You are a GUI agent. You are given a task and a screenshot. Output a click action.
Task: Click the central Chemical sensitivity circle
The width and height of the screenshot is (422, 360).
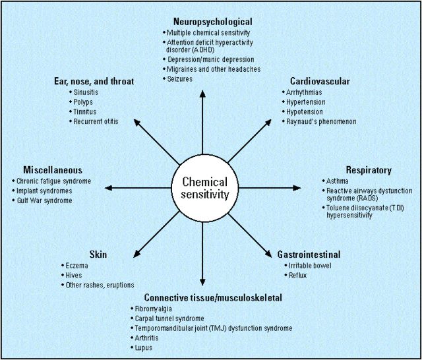[205, 188]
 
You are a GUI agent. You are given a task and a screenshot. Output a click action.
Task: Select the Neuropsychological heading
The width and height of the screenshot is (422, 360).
[212, 22]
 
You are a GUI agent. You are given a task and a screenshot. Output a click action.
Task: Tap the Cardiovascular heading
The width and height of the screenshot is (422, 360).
[320, 81]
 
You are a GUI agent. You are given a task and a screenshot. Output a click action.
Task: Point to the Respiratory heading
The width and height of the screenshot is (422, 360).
[369, 170]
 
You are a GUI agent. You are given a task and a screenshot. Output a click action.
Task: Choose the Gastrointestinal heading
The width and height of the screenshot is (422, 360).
[309, 255]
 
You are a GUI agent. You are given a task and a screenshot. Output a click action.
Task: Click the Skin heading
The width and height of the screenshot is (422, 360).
[98, 255]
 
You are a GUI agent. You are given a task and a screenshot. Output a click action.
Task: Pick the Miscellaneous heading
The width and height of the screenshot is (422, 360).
[53, 170]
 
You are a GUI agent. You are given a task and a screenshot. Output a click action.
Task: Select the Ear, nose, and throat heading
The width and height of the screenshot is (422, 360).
[94, 81]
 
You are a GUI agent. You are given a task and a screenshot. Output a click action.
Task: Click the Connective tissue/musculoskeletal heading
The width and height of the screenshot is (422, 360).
[213, 297]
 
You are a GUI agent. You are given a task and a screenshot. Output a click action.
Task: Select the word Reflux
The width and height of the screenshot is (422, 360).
[297, 276]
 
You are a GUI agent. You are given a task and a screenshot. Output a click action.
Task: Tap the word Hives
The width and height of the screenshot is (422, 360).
[74, 276]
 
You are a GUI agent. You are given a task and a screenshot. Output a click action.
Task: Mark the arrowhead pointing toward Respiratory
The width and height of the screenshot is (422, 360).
[297, 188]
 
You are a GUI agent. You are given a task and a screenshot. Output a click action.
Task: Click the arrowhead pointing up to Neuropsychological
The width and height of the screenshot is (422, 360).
[202, 94]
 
